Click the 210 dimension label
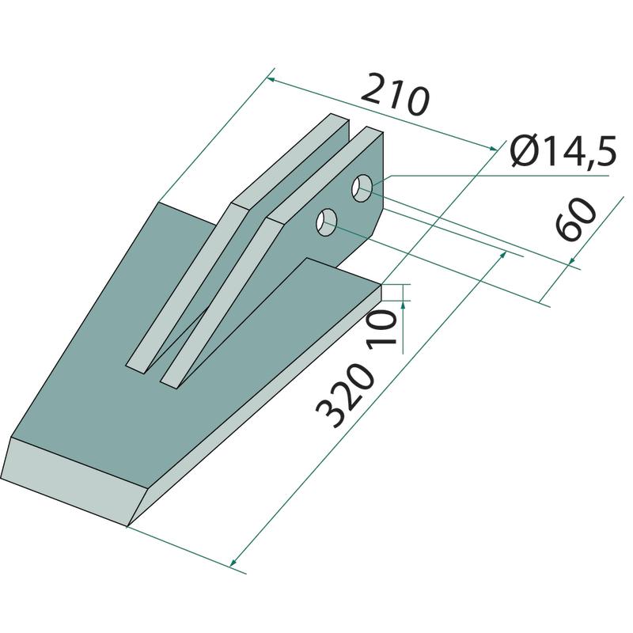(x=394, y=94)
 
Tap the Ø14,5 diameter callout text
(x=563, y=151)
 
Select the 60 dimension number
(x=575, y=219)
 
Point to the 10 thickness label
(x=381, y=328)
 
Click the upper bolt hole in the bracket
(x=362, y=188)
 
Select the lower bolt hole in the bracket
(x=327, y=222)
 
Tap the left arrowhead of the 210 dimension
(x=271, y=79)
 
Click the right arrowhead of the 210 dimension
(x=493, y=149)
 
